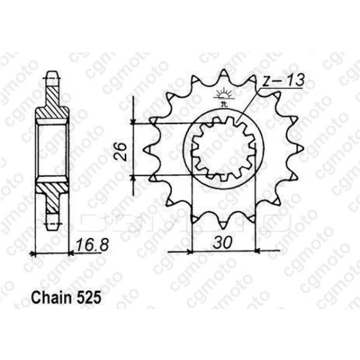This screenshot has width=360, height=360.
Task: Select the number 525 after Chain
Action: tap(89, 300)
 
